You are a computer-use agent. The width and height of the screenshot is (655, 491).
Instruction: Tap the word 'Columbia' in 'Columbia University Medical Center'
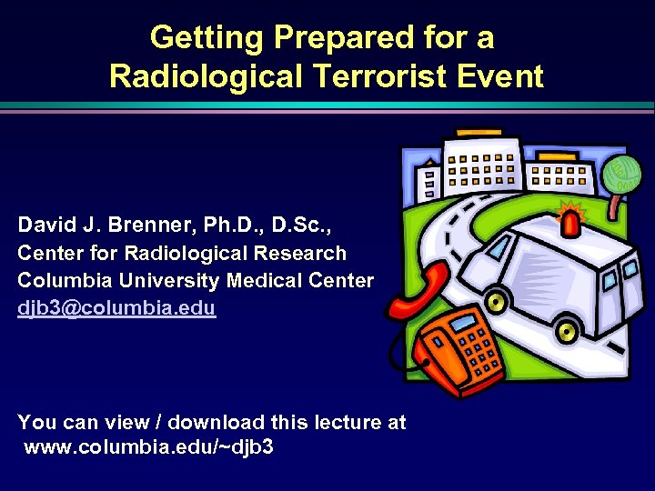(61, 280)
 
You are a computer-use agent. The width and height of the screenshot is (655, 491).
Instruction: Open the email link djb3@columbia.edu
(116, 307)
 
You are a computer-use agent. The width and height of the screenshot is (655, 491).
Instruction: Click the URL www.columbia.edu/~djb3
(149, 447)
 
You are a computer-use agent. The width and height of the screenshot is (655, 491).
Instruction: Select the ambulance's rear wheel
(568, 326)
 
